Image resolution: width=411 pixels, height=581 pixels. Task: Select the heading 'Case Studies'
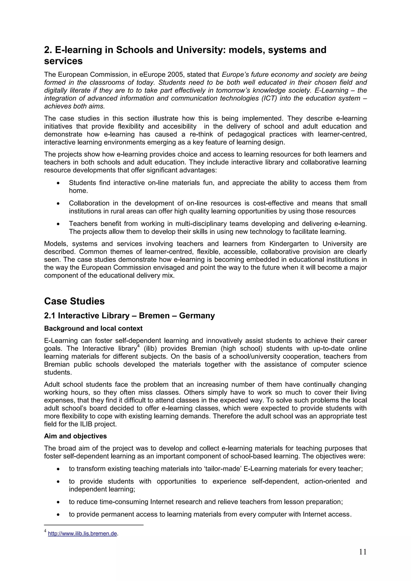[74, 301]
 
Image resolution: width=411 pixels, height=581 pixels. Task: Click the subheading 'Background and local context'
[93, 328]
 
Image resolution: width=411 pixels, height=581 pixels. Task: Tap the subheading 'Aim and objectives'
[75, 436]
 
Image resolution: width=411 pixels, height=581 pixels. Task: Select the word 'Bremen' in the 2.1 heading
[154, 315]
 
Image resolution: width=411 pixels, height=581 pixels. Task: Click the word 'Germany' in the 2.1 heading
[197, 315]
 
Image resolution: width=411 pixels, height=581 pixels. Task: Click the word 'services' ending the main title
[63, 61]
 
